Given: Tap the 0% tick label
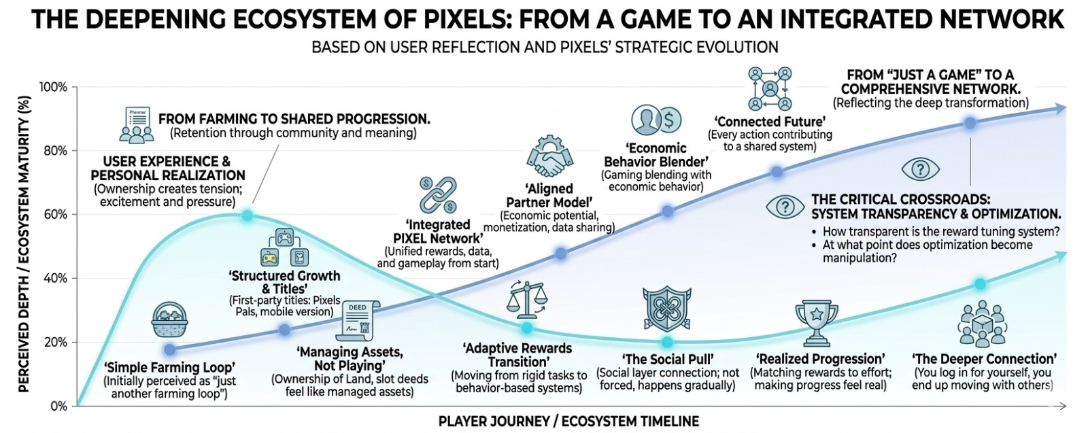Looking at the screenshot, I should pyautogui.click(x=59, y=406).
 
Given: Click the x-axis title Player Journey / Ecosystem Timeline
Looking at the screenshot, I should pyautogui.click(x=568, y=421).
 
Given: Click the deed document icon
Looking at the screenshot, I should pyautogui.click(x=357, y=321).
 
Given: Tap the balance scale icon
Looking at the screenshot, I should pyautogui.click(x=526, y=300).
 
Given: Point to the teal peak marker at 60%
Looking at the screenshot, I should pyautogui.click(x=248, y=215).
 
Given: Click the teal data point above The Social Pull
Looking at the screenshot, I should pyautogui.click(x=667, y=342).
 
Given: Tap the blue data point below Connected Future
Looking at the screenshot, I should pyautogui.click(x=777, y=172).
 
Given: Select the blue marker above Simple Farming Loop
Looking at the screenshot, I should pyautogui.click(x=170, y=349).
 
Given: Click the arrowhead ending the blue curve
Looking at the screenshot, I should pyautogui.click(x=1059, y=108).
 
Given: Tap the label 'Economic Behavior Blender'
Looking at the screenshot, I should pyautogui.click(x=656, y=155).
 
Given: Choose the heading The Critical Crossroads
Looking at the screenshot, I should pyautogui.click(x=900, y=199).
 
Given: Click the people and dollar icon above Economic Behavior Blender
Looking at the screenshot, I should pyautogui.click(x=656, y=120).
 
